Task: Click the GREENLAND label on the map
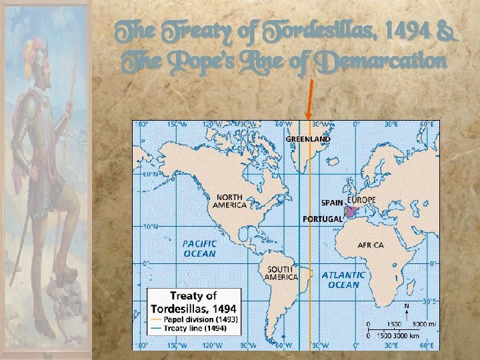308,139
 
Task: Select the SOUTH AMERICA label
280,273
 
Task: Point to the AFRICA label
370,245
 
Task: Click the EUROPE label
361,200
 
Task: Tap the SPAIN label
332,201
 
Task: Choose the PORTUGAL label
323,219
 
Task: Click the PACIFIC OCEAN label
199,249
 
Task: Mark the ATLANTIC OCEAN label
343,279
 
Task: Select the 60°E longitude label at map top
426,123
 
